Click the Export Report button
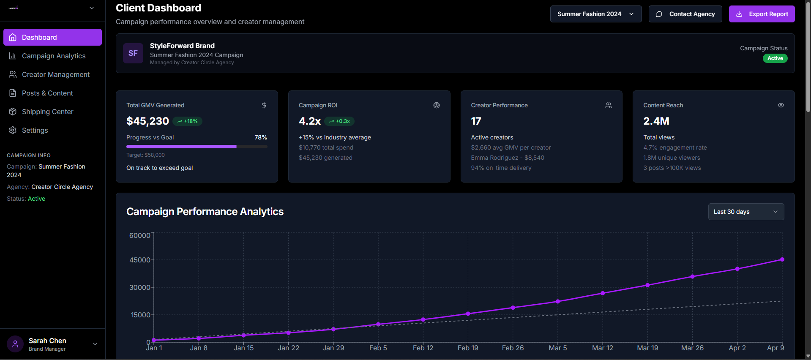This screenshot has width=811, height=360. pyautogui.click(x=762, y=14)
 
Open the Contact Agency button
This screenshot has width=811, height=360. pyautogui.click(x=685, y=14)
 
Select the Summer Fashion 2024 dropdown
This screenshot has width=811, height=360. pyautogui.click(x=595, y=14)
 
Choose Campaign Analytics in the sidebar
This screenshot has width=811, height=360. pyautogui.click(x=53, y=56)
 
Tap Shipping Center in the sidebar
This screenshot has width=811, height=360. pyautogui.click(x=47, y=112)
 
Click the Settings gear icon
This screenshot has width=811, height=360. pyautogui.click(x=13, y=130)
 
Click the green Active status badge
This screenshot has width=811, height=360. pyautogui.click(x=775, y=58)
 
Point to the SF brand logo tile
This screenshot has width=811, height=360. pyautogui.click(x=133, y=53)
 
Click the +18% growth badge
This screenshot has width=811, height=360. pyautogui.click(x=187, y=121)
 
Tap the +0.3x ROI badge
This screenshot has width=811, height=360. pyautogui.click(x=339, y=121)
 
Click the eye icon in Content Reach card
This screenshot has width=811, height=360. pyautogui.click(x=781, y=105)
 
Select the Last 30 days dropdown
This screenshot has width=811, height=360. pyautogui.click(x=745, y=212)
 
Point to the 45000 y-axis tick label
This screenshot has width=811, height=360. pyautogui.click(x=139, y=260)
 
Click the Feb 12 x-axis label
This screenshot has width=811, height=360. pyautogui.click(x=423, y=348)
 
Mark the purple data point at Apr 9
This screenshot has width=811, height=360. pyautogui.click(x=782, y=259)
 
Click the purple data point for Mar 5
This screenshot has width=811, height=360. pyautogui.click(x=557, y=301)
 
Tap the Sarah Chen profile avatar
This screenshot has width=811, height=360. pyautogui.click(x=15, y=344)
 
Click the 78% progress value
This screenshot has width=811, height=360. pyautogui.click(x=260, y=137)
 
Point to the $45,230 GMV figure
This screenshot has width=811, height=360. pyautogui.click(x=147, y=121)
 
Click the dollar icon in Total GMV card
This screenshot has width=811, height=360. pyautogui.click(x=264, y=105)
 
